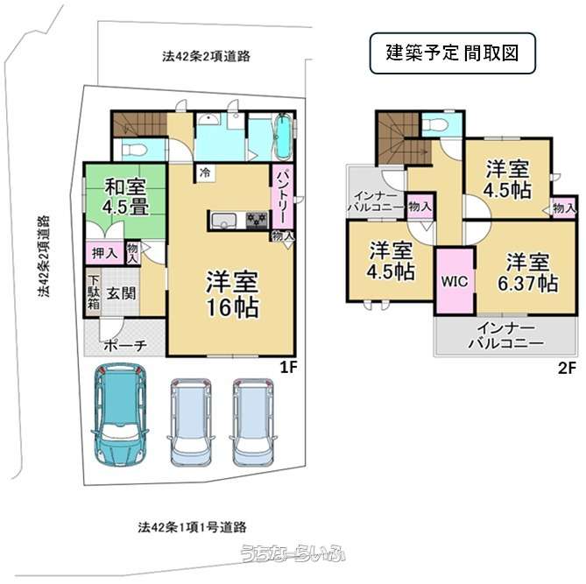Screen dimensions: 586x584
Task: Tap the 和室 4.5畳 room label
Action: pos(126,197)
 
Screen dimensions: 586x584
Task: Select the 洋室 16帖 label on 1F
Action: pos(232,294)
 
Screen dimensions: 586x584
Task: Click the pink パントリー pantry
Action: pos(282,196)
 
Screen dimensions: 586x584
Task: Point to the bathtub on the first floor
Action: pos(284,137)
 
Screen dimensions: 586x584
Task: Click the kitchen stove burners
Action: pos(258,219)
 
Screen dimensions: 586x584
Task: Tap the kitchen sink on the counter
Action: pos(223,220)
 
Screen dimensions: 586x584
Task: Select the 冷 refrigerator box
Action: pos(205,173)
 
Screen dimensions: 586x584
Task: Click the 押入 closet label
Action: pos(104,253)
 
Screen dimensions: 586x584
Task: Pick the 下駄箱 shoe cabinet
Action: pos(94,292)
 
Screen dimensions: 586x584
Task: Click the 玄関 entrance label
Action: pos(122,293)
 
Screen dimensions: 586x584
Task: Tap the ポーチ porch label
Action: pos(125,345)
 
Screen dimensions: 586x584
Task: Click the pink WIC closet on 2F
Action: pos(455,280)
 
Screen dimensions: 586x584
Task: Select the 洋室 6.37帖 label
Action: pos(527,273)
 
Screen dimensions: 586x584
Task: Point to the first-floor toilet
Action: pos(133,150)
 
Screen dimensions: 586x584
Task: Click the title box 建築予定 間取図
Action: pos(453,53)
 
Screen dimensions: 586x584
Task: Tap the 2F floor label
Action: pos(567,368)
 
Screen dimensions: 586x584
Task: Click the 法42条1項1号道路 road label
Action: pos(192,527)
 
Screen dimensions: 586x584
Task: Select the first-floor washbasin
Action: pos(206,119)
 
